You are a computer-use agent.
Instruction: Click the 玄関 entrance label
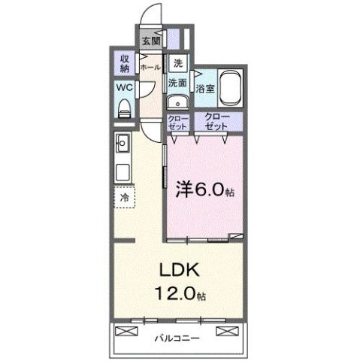click(150, 41)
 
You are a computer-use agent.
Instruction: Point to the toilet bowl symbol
click(125, 108)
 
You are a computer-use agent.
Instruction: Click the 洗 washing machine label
click(177, 63)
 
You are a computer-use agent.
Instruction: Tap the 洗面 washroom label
click(177, 83)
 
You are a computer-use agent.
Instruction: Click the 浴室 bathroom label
click(204, 88)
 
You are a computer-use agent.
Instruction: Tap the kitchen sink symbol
click(123, 143)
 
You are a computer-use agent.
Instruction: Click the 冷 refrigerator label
click(124, 197)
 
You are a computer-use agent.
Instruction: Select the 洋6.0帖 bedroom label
click(204, 190)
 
